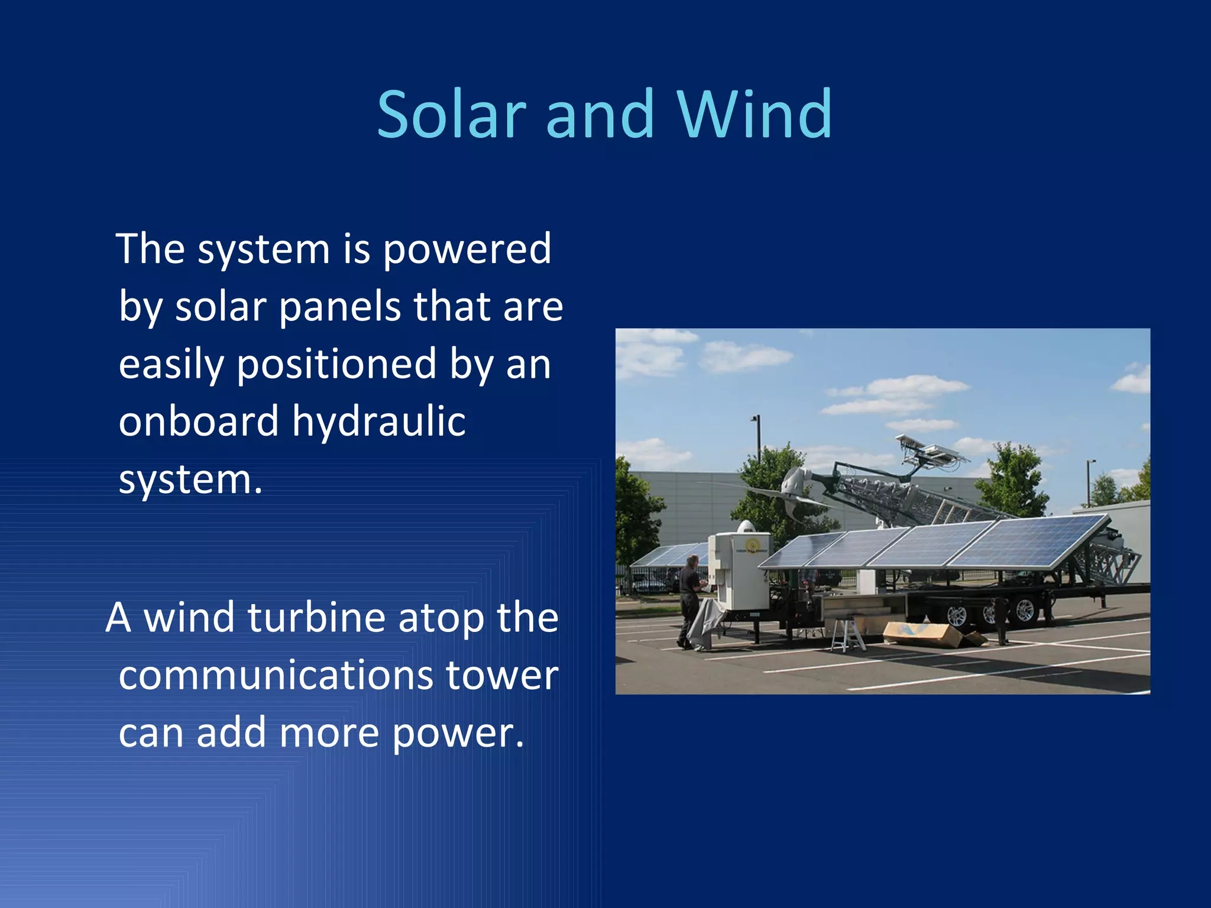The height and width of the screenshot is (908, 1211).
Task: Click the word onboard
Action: (x=198, y=422)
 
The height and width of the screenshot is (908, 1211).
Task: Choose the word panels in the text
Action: (x=339, y=307)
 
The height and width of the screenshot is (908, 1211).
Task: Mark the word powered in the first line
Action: (x=467, y=249)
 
